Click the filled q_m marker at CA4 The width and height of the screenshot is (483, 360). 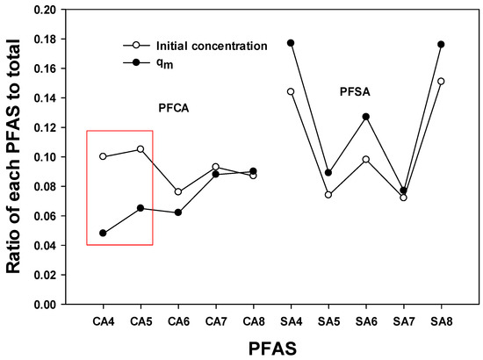coord(103,234)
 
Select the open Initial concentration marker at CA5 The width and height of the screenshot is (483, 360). coord(141,149)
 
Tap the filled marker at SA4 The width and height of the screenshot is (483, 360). coord(291,43)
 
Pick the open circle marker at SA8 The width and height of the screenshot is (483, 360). coord(441,82)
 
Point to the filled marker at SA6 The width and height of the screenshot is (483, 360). coord(366,117)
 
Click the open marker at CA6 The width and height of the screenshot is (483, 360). coord(178,192)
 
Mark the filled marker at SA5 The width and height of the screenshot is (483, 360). coord(328,173)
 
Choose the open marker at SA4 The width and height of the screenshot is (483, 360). coord(291,91)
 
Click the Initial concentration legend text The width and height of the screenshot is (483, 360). coord(212,46)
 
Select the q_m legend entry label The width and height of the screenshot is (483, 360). coord(165,63)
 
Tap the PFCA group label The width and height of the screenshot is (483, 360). coord(174,108)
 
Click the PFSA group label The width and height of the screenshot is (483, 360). coord(355,92)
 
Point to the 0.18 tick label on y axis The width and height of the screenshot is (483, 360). coord(45,40)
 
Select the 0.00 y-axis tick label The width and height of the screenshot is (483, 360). coord(45,305)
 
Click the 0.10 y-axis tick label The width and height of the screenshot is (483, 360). coord(45,157)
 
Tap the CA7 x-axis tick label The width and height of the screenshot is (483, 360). coord(216,322)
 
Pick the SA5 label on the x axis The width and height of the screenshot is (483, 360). coord(328,322)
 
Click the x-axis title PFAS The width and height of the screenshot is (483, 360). coord(272,349)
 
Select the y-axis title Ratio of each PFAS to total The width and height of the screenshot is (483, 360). coord(13,156)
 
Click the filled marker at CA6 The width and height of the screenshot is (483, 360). coord(178,212)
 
